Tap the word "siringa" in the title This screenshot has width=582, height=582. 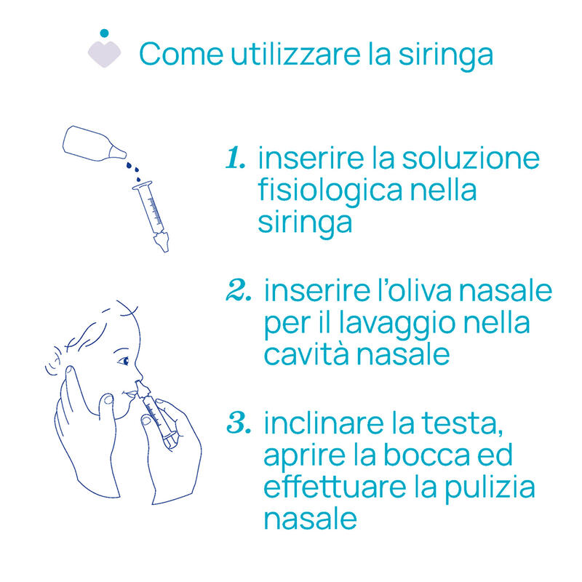pyautogui.click(x=446, y=56)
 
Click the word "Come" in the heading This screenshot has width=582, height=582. pyautogui.click(x=181, y=54)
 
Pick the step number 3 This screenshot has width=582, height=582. pyautogui.click(x=239, y=423)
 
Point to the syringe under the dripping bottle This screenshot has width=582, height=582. pyautogui.click(x=151, y=216)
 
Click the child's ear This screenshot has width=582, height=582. pyautogui.click(x=53, y=362)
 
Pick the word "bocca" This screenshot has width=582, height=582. pyautogui.click(x=426, y=455)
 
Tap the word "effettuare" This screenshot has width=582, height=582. pyautogui.click(x=335, y=487)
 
